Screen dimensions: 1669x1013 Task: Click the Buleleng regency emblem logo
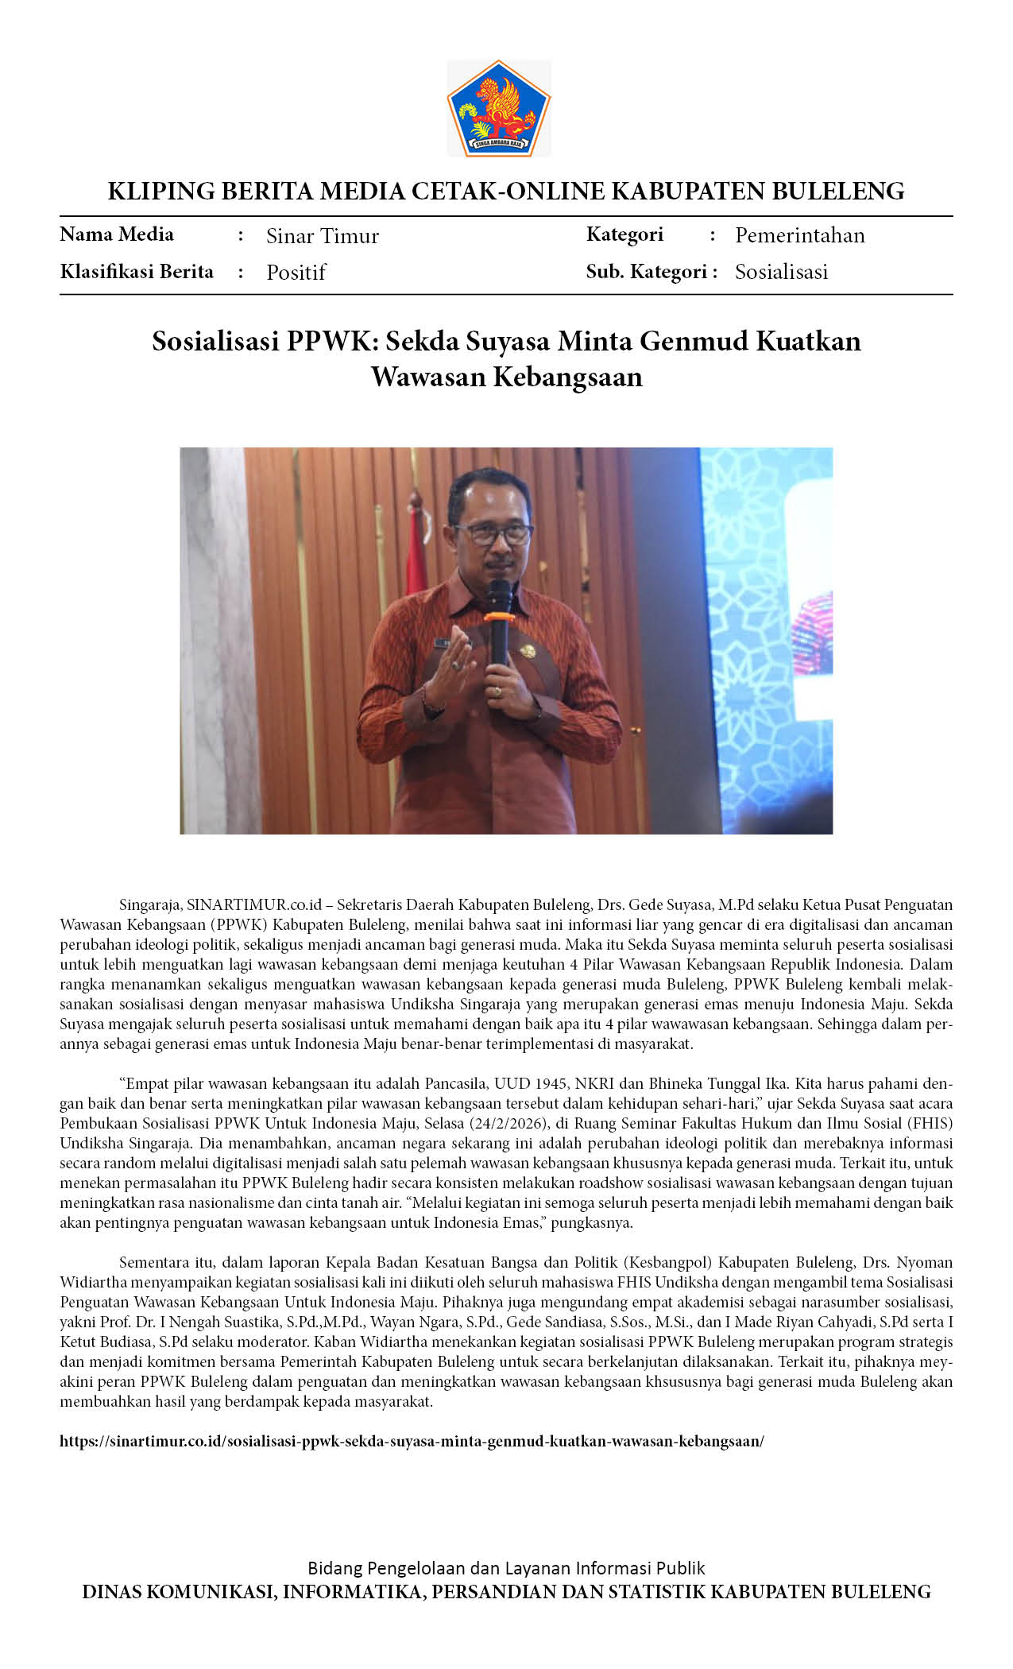498,108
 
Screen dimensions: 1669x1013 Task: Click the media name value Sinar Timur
323,236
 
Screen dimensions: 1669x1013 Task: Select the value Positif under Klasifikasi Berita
296,273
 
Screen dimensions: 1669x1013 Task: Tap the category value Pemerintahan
799,235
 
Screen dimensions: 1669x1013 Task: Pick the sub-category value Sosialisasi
781,272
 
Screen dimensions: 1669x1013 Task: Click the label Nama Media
117,234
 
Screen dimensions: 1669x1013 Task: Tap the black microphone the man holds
499,620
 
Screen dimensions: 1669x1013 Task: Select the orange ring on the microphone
498,617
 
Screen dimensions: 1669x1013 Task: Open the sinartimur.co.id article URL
412,1441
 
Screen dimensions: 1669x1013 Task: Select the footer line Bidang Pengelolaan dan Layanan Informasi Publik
506,1568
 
